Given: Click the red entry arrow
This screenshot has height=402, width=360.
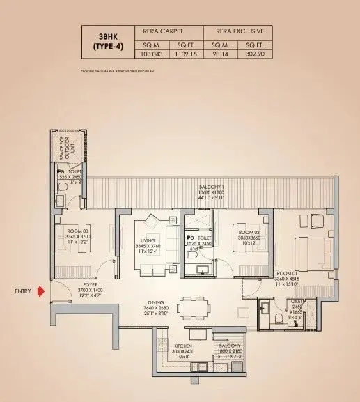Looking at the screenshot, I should pos(43,292).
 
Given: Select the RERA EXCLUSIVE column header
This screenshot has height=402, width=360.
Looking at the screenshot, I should pos(235,31).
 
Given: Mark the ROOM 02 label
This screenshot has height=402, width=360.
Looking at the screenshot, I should pos(249,233).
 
